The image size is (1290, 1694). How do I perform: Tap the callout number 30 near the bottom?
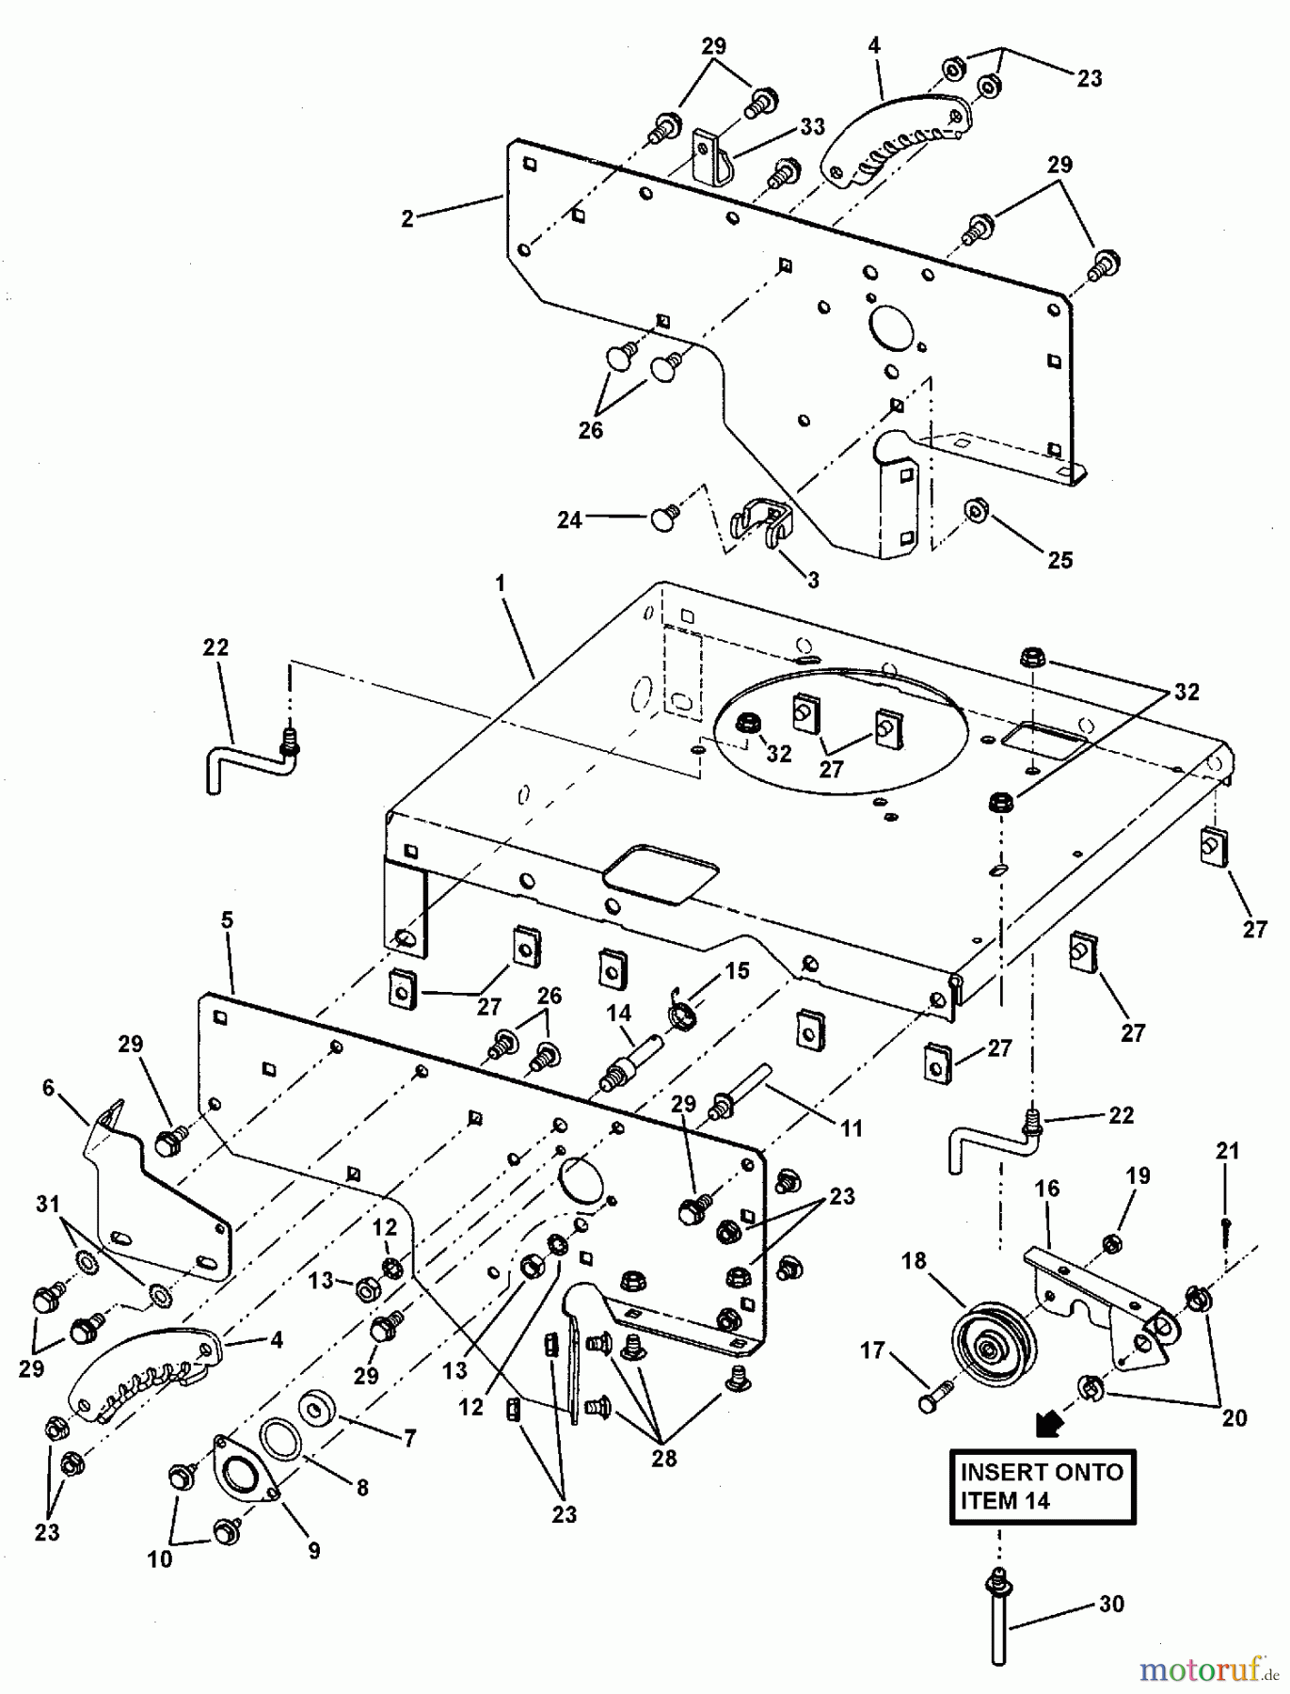coord(1112,1604)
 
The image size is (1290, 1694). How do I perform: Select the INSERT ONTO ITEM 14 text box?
coord(1042,1486)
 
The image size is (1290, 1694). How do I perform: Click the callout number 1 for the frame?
coord(501,584)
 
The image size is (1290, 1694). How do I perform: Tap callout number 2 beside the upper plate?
coord(407,219)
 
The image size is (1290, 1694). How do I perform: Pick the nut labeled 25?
coord(976,511)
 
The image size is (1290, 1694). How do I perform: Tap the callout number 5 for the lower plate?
coord(227,920)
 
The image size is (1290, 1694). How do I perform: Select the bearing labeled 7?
coord(315,1410)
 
